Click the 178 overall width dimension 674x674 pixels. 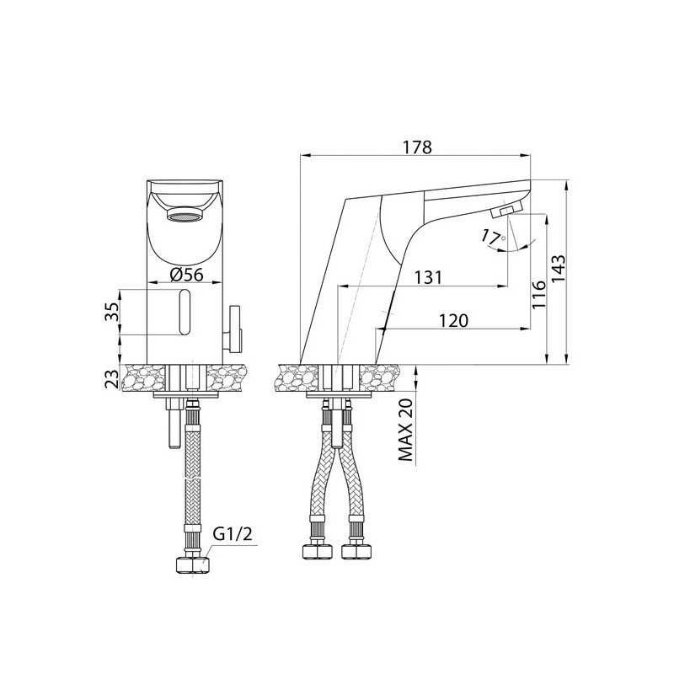tap(417, 147)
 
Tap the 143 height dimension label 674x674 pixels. tap(559, 269)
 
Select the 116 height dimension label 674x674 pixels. tap(538, 294)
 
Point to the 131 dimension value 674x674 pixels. tap(428, 278)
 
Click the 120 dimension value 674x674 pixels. tap(453, 320)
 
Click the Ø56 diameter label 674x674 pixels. tap(186, 275)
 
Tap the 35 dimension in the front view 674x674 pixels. tap(111, 312)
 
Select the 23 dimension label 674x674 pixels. tap(111, 378)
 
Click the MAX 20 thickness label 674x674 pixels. tap(406, 430)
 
